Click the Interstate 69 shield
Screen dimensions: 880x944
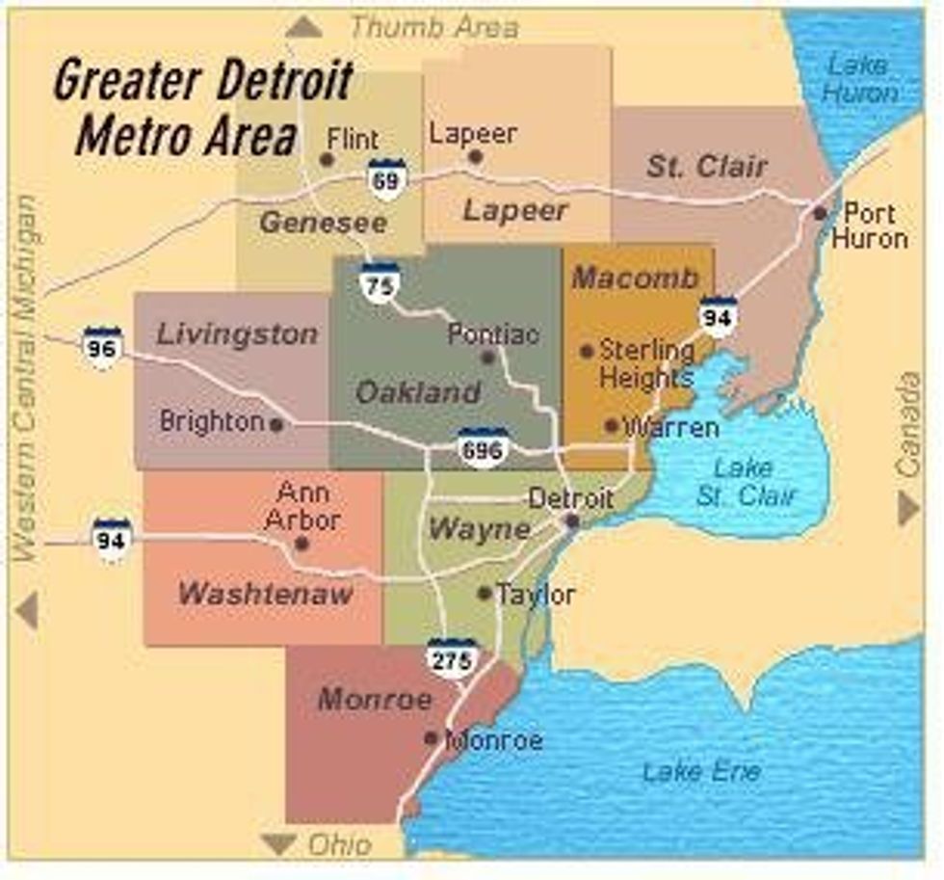(386, 178)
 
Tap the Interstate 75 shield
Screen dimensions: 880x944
(380, 281)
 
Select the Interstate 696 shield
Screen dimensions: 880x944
(483, 447)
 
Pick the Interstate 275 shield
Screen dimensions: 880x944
(453, 657)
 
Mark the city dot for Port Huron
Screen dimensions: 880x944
(820, 213)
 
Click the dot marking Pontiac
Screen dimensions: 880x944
(487, 358)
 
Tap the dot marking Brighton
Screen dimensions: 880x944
(276, 424)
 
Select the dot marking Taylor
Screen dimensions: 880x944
(485, 593)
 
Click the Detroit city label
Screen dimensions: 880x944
(570, 498)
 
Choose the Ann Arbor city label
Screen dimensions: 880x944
(303, 506)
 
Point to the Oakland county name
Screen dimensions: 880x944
(418, 392)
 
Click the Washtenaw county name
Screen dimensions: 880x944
(265, 594)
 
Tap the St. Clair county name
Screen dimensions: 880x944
(706, 166)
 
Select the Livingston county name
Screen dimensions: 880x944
(237, 335)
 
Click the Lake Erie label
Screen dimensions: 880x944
(701, 771)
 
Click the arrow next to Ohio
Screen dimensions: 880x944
(279, 845)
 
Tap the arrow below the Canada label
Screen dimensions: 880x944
(908, 508)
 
